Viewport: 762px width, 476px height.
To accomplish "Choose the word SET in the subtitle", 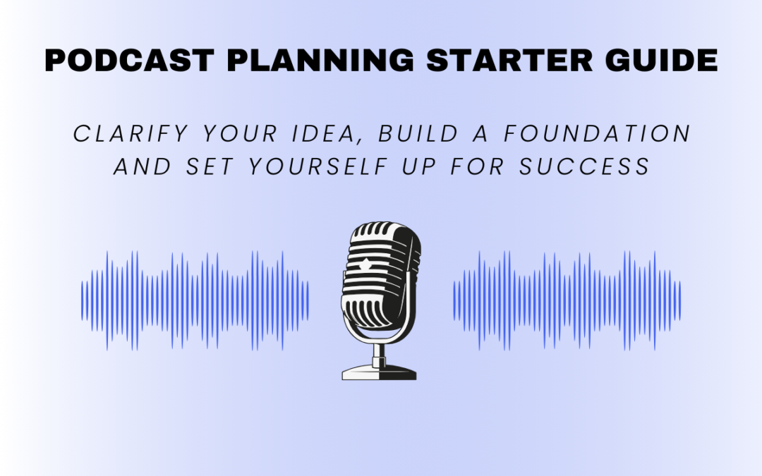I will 203,166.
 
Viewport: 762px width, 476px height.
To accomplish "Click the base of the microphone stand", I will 379,371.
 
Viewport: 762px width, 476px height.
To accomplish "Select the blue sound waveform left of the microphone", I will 195,300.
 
